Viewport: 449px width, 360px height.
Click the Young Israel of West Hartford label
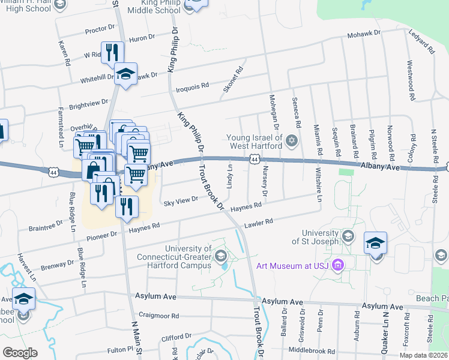(x=255, y=142)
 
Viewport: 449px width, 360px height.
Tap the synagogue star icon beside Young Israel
(x=292, y=142)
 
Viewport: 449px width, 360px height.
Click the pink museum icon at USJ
(x=337, y=265)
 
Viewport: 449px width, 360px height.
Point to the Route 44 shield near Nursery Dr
(x=255, y=159)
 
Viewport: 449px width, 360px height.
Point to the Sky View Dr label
(x=181, y=200)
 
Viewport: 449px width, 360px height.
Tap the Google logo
(x=20, y=353)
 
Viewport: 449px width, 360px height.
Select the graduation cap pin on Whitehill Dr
(x=125, y=74)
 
